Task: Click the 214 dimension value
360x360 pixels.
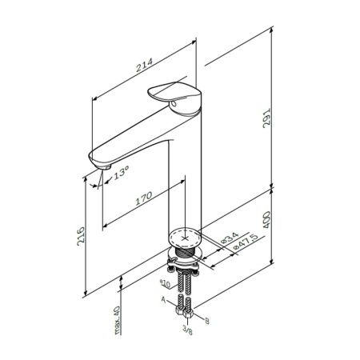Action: pos(145,65)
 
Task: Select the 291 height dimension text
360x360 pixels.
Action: pos(266,118)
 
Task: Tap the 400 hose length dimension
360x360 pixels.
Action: pos(266,219)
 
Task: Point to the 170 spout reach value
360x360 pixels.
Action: pos(144,198)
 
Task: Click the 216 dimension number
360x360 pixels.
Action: pos(81,236)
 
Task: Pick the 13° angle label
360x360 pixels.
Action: pos(122,172)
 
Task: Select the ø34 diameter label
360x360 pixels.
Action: pos(230,238)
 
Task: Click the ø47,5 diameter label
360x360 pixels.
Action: pos(246,242)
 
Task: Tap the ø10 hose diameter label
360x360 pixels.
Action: pos(165,283)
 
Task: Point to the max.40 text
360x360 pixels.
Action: pos(118,320)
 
